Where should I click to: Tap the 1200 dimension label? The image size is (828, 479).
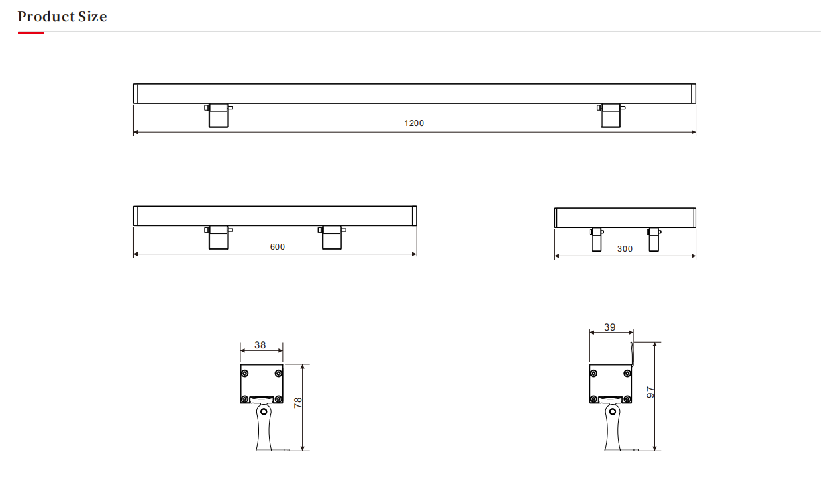414,123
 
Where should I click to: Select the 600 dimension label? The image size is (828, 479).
278,247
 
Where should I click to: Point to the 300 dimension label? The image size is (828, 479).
625,249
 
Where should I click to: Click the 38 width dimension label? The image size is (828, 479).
260,345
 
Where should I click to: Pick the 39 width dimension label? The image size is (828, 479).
610,327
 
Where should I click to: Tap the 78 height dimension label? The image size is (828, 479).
298,403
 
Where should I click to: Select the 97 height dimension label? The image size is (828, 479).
650,392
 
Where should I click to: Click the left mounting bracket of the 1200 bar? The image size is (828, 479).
219,115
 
